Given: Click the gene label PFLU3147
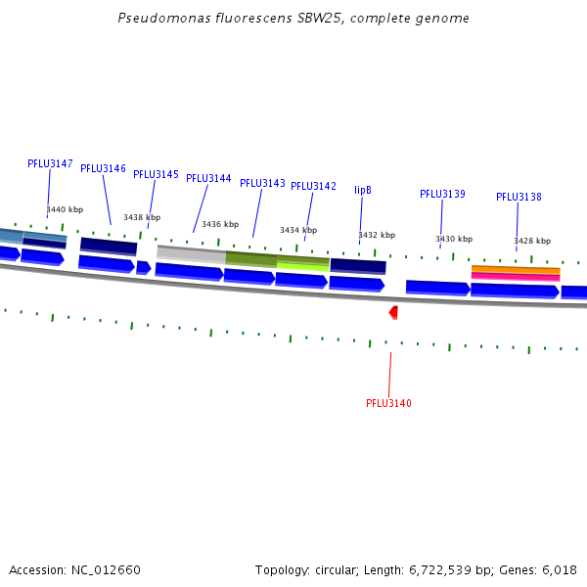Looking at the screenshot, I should coord(50,164).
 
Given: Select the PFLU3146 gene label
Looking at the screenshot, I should coord(103,169).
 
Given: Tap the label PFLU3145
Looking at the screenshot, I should coord(156,175).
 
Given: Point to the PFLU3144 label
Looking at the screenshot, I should coord(208,179).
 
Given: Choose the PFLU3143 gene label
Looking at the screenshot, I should coord(262,184).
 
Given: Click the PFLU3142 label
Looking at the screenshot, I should coord(313,187).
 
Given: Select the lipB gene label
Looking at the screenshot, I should coord(363,191).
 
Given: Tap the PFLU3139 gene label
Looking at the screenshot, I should coord(442,195).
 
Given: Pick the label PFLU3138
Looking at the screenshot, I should coord(519,198).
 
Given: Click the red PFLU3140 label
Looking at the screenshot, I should coord(388,404).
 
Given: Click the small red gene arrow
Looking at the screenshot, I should coord(393,312).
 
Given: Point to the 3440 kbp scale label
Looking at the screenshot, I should coord(65,210).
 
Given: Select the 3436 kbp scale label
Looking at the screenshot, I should coord(220,224).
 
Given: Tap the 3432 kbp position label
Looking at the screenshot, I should coord(377,235).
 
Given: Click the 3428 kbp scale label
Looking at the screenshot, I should coord(532,241).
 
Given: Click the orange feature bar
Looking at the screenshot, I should coord(516,269).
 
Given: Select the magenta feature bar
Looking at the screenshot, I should coord(516,277).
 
